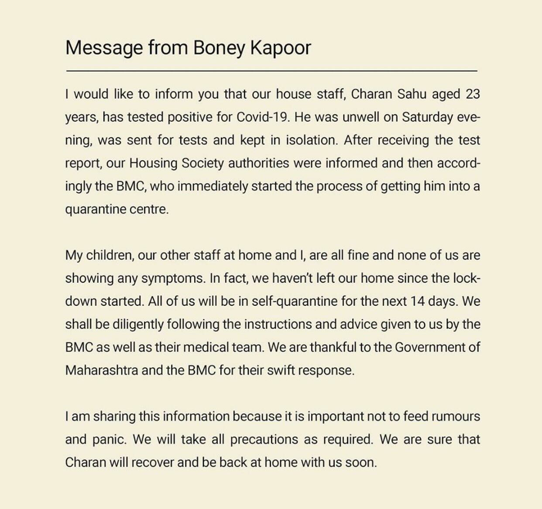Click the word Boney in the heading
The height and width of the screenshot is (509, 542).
(x=219, y=48)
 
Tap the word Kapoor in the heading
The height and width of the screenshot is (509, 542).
(x=280, y=48)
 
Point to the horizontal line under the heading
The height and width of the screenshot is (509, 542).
(x=271, y=70)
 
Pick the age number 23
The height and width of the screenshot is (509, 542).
(x=473, y=94)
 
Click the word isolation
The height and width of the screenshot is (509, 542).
(x=310, y=140)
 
